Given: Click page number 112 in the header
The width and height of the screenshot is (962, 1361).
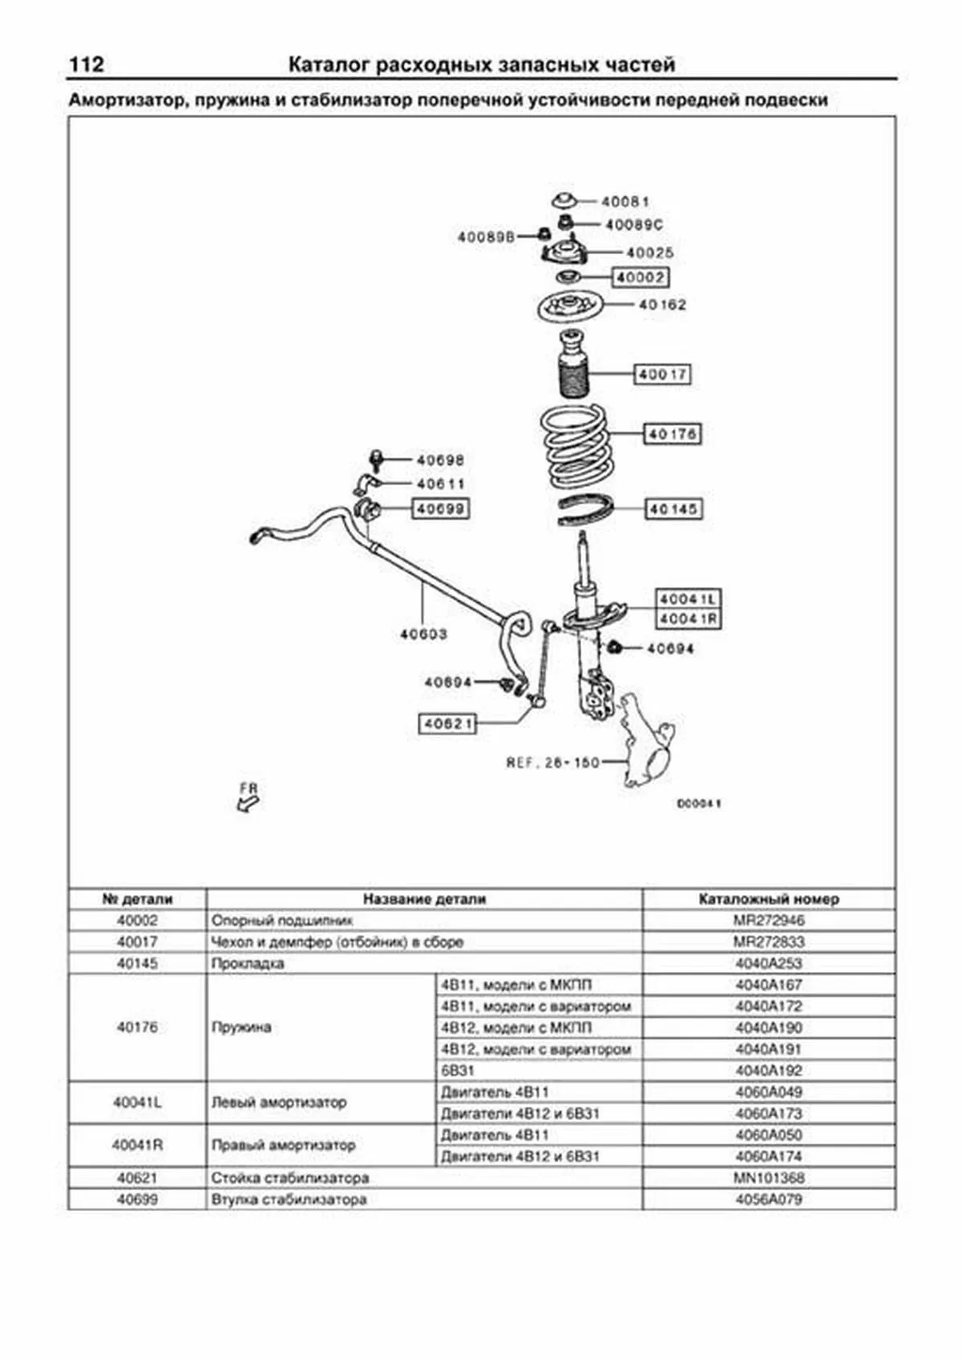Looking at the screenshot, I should [87, 64].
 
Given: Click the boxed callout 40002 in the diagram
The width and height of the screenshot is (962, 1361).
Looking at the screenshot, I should [641, 277].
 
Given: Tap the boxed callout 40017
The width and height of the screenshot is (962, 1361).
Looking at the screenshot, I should [663, 374].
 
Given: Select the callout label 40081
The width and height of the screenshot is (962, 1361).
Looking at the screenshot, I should [624, 201].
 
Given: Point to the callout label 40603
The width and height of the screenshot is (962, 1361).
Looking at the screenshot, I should [423, 634].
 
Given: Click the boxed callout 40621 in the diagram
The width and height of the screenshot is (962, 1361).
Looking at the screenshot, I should [447, 723].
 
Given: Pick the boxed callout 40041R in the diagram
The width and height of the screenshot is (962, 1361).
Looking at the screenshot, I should [688, 619].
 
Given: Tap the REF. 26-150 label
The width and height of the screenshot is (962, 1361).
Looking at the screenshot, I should [552, 762].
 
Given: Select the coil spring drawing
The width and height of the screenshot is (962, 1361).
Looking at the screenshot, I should [574, 447].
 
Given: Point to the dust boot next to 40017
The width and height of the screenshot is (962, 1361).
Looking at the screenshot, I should [572, 365].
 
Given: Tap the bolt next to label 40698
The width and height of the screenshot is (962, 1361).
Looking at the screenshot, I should [375, 459].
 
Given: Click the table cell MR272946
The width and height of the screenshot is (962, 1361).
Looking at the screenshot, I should [768, 921].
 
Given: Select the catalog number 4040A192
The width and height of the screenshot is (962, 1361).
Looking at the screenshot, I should [768, 1071].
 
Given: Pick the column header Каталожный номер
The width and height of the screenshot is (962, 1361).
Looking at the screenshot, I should [768, 899].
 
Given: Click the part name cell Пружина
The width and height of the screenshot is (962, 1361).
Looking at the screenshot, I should [241, 1027].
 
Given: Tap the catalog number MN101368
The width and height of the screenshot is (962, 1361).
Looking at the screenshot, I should [768, 1178].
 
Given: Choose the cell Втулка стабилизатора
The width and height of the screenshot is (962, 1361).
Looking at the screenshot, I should [289, 1200].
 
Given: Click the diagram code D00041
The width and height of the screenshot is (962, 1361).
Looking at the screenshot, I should [699, 804].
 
